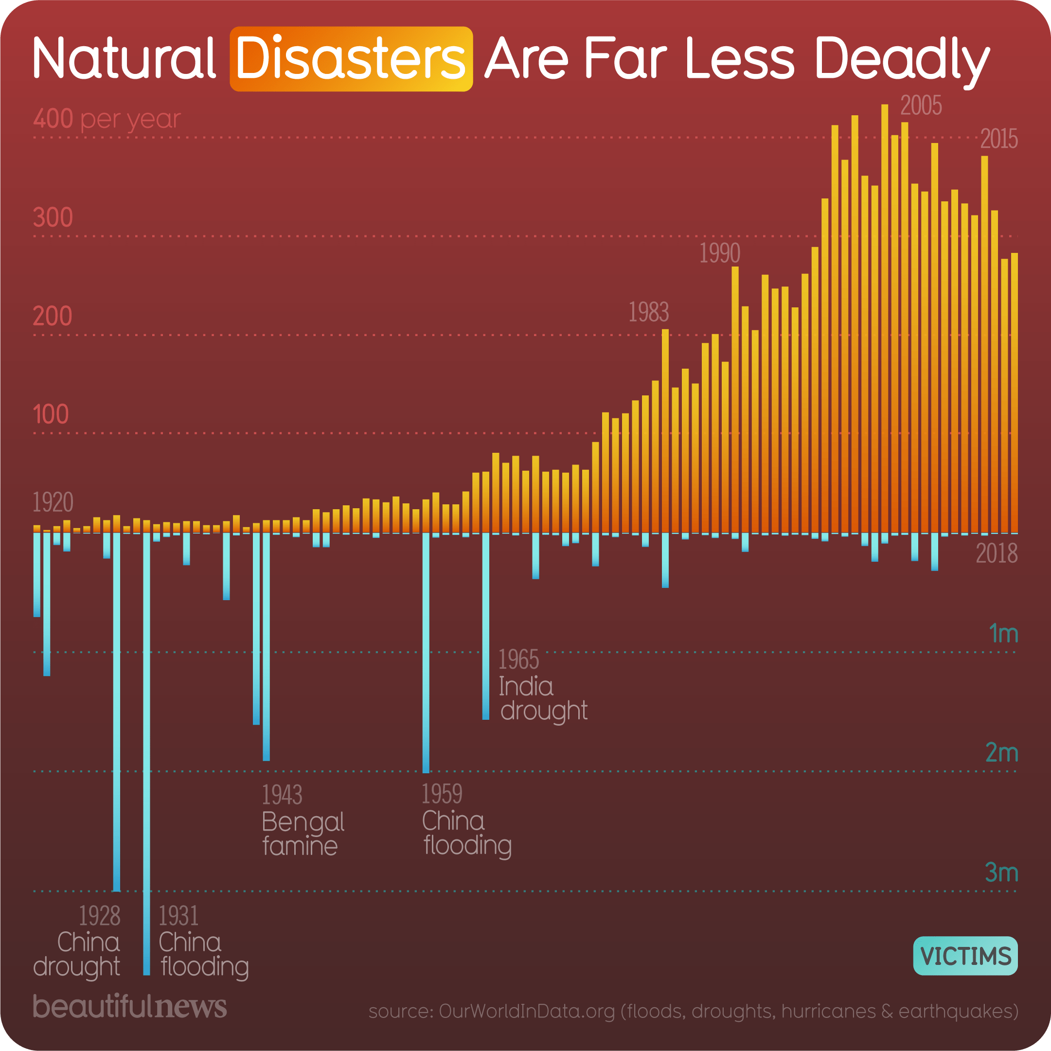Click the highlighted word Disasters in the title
351,59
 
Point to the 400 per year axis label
107,119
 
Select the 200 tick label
53,317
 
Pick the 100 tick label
51,415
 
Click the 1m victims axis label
1002,634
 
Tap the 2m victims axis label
1001,753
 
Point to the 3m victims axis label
1001,873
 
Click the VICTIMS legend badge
965,956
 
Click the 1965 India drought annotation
542,685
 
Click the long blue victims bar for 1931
146,762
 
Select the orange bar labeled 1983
665,430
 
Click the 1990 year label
719,253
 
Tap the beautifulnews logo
129,1006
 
